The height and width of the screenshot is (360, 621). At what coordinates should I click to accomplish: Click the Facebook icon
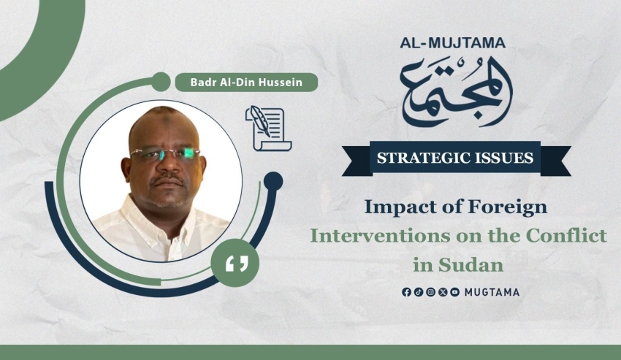pos(406,292)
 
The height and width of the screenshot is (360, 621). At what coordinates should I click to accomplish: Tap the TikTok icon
pos(419,292)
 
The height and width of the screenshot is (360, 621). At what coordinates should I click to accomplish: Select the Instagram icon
pos(431,292)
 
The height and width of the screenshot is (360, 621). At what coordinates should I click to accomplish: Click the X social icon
pos(443,292)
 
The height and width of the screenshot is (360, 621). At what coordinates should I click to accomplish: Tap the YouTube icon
pos(455,292)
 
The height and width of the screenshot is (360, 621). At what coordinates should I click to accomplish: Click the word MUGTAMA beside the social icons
pos(492,293)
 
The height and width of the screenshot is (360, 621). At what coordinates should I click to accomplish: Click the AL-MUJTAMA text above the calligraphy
pos(453,43)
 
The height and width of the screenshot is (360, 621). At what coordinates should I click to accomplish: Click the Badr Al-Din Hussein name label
pos(246,83)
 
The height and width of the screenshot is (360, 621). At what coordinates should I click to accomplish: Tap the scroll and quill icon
pos(269,129)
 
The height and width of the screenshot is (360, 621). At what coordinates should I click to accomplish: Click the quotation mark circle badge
pos(235,263)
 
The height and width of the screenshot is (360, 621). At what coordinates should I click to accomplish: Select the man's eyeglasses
pos(165,153)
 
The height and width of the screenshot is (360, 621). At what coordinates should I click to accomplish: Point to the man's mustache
pos(167,180)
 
